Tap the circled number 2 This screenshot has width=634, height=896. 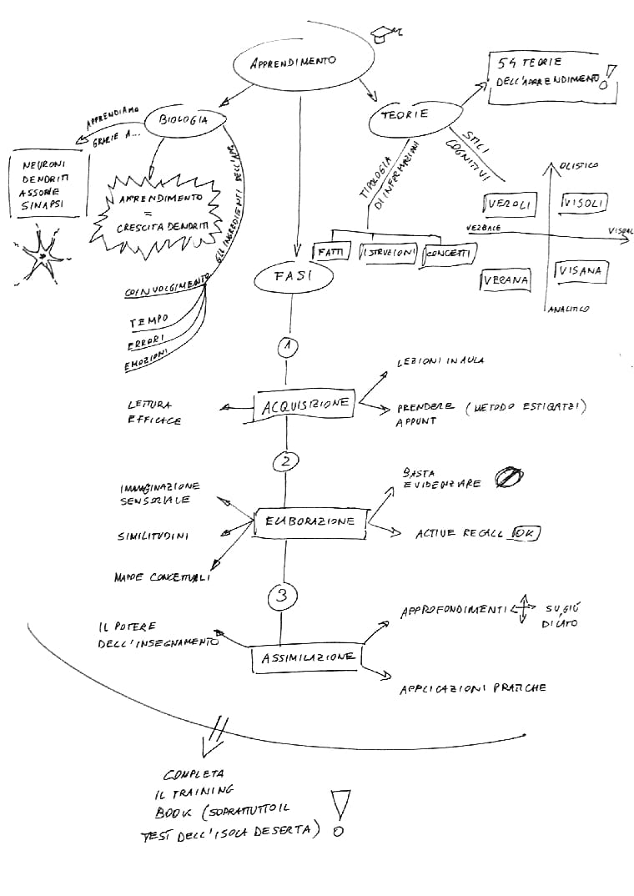tap(285, 461)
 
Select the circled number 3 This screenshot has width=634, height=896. tap(282, 596)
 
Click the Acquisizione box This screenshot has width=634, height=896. tap(304, 405)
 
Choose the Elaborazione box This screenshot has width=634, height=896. tap(309, 521)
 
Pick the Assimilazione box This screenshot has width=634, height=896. tap(308, 657)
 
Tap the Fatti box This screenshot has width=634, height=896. tap(330, 252)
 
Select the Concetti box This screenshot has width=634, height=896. tap(449, 254)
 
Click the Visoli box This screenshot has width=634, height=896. tap(584, 203)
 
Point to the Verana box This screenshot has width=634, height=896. tap(506, 280)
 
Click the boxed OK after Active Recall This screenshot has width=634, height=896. tap(526, 532)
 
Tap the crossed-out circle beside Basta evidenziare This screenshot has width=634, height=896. tap(506, 476)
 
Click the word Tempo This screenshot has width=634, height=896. tap(148, 320)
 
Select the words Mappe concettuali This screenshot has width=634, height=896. tap(162, 576)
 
